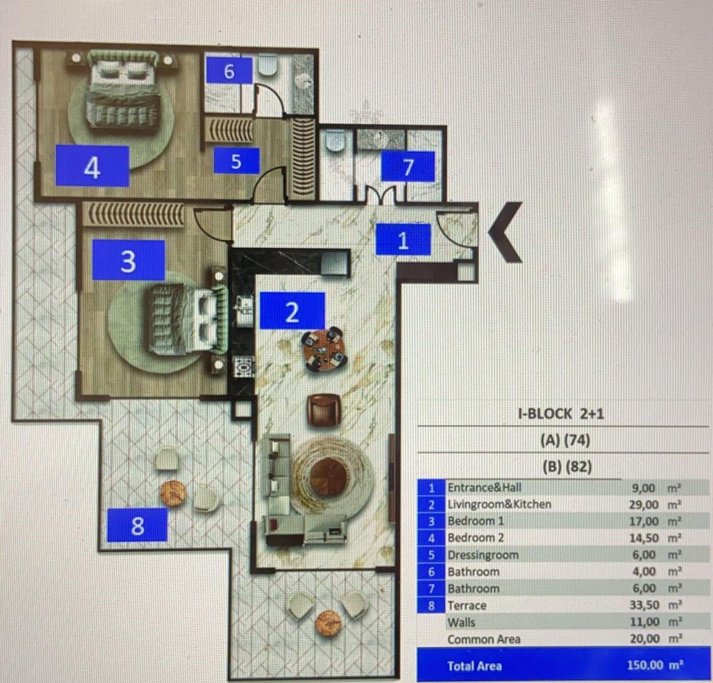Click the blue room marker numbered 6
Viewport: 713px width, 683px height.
(229, 70)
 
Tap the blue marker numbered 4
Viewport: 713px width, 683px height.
(92, 166)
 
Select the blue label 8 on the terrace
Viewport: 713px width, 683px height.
(137, 525)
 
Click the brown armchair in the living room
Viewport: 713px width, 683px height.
(324, 410)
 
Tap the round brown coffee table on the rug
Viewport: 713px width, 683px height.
(329, 475)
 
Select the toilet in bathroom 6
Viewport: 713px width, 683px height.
(268, 66)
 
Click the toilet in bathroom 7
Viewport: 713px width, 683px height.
(337, 141)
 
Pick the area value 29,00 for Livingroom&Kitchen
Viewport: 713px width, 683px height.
(644, 504)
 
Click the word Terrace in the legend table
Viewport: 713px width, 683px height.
(467, 606)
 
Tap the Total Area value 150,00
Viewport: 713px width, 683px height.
(645, 665)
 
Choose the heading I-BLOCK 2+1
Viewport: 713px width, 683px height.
(561, 414)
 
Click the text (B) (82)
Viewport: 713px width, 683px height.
(567, 467)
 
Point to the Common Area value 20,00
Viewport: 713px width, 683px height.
(645, 638)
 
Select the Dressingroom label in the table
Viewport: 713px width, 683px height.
(483, 555)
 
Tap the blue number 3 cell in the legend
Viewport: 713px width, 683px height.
(432, 521)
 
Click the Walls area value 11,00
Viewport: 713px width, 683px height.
(645, 621)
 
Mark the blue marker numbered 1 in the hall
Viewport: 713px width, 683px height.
(403, 239)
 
